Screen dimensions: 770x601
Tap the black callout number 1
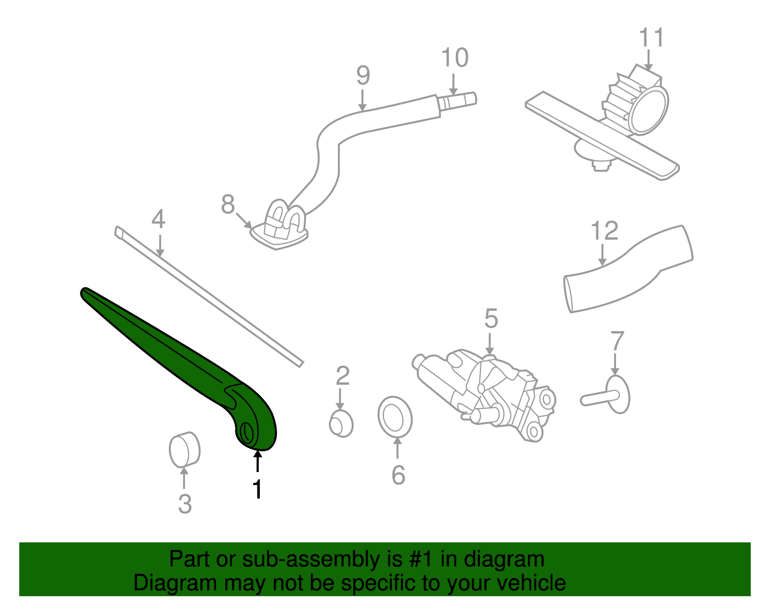(x=258, y=489)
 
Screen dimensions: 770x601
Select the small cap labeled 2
(x=341, y=424)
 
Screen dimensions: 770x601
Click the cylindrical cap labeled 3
(x=184, y=449)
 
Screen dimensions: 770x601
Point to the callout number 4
(x=158, y=219)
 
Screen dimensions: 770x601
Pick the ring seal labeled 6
(x=395, y=417)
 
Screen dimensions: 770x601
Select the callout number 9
(x=363, y=75)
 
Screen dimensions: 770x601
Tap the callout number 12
(x=604, y=231)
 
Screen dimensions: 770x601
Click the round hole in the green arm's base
(x=246, y=432)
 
